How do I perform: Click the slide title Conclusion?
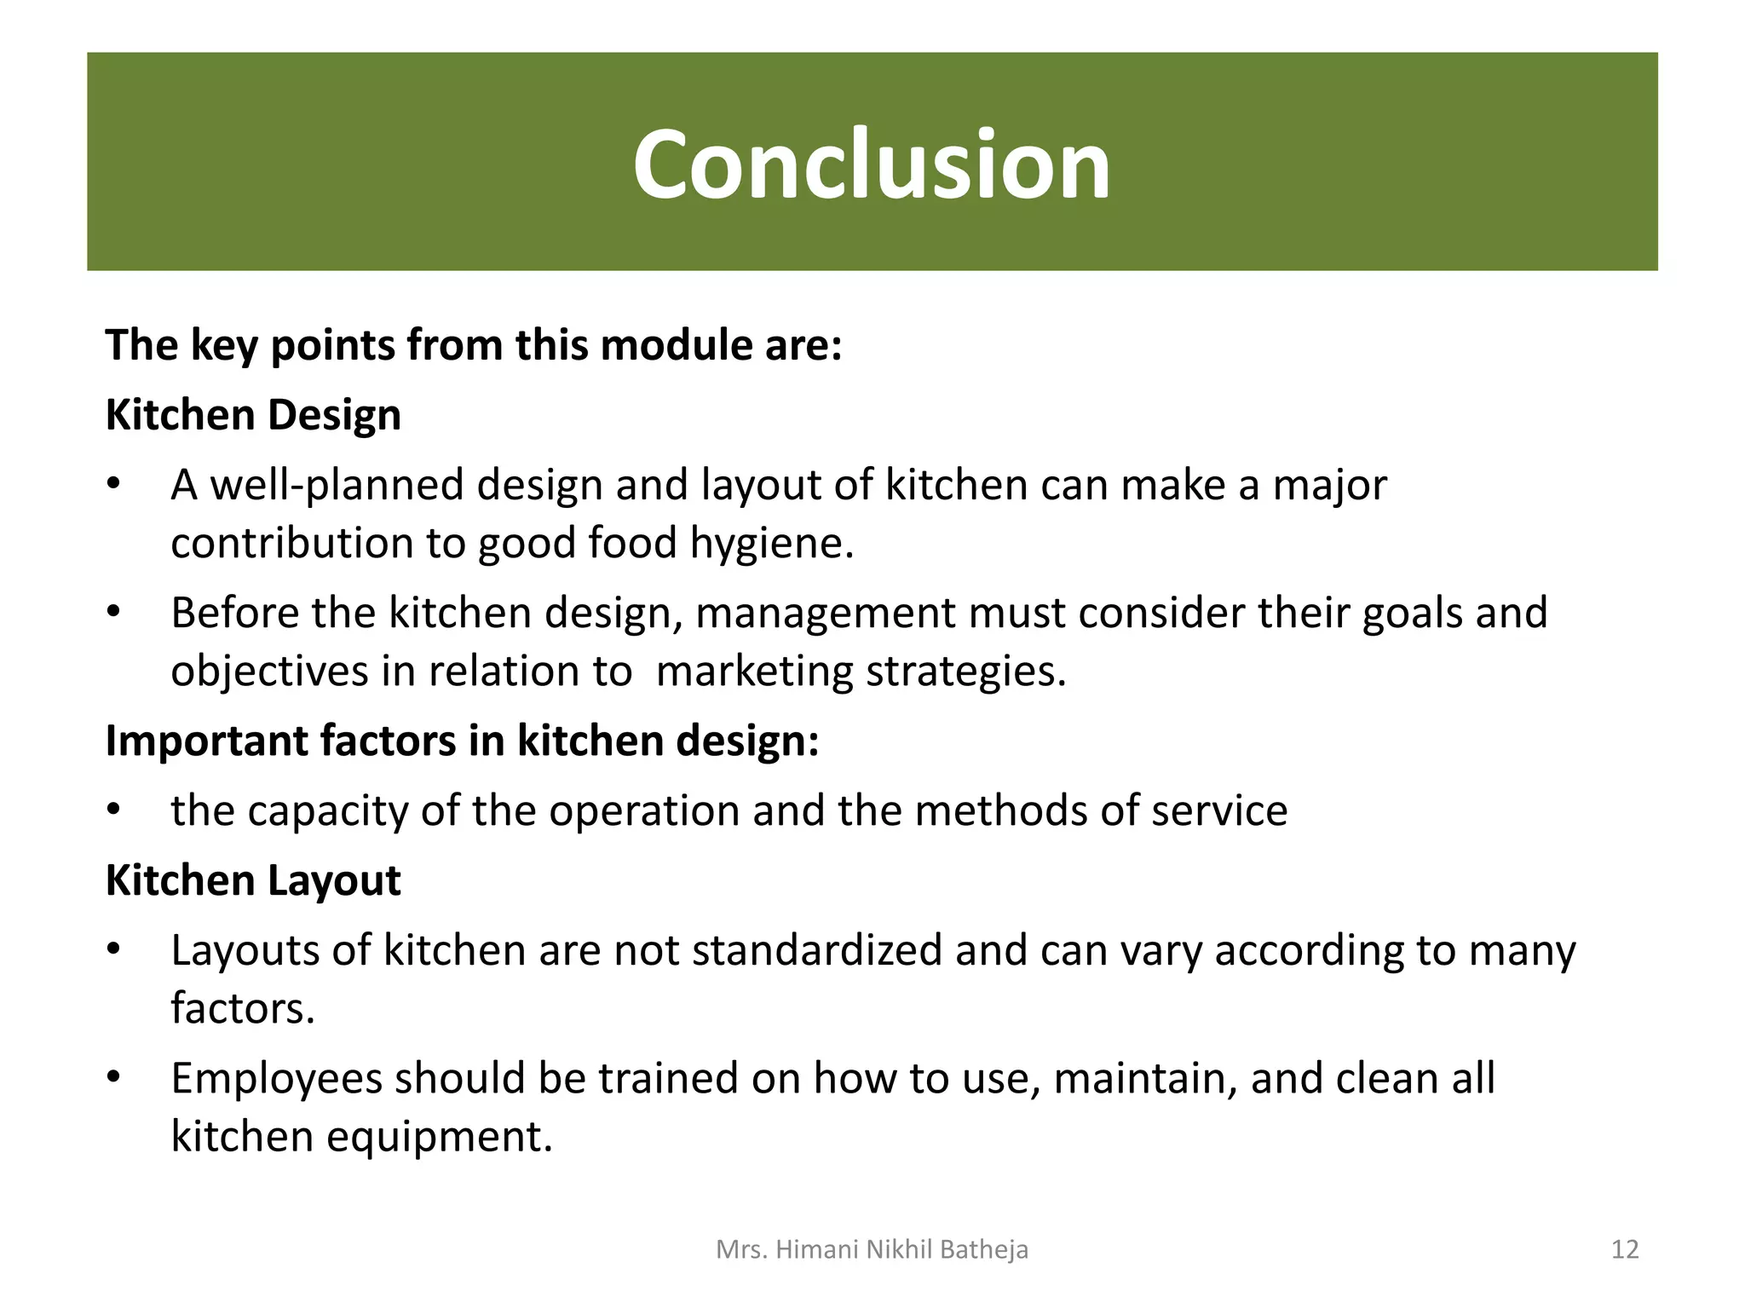872,164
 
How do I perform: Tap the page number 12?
1625,1249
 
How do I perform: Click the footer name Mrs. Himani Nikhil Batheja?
872,1249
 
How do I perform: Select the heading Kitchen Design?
253,416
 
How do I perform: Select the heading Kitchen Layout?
253,880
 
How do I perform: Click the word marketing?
754,672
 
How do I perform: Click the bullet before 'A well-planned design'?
114,484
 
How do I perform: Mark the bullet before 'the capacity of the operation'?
114,810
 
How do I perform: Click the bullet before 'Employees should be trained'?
114,1077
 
